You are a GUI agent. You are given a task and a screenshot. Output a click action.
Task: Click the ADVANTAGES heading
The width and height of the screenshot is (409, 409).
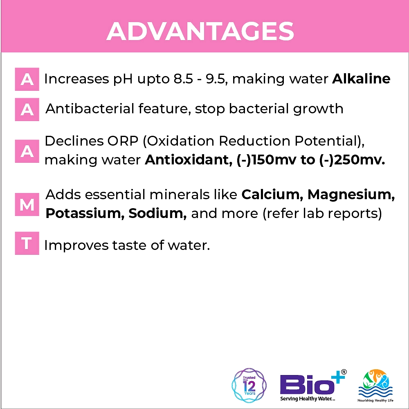[200, 31]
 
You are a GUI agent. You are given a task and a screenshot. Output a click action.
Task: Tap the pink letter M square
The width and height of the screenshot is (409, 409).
[27, 204]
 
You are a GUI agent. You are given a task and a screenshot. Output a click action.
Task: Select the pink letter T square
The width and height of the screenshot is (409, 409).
[27, 243]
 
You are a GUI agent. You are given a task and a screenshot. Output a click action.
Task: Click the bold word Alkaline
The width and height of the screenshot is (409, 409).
[361, 79]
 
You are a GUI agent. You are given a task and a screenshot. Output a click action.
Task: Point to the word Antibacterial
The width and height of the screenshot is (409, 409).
[90, 108]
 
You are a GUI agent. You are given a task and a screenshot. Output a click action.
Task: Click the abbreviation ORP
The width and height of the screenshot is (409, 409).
[123, 141]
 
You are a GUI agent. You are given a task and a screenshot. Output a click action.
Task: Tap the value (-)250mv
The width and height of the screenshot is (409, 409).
[352, 160]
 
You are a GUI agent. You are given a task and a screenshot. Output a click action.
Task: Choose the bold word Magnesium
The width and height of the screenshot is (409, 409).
[351, 195]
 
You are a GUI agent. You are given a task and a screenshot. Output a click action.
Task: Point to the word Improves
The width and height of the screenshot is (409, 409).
[76, 245]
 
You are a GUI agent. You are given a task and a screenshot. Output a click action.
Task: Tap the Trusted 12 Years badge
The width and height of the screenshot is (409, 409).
[249, 385]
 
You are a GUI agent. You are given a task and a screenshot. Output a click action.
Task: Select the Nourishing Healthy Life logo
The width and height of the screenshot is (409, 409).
[375, 385]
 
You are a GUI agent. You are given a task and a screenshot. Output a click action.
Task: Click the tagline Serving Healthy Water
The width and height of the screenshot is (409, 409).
[308, 398]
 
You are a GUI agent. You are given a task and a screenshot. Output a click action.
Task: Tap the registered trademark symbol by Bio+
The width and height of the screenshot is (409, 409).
[344, 372]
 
